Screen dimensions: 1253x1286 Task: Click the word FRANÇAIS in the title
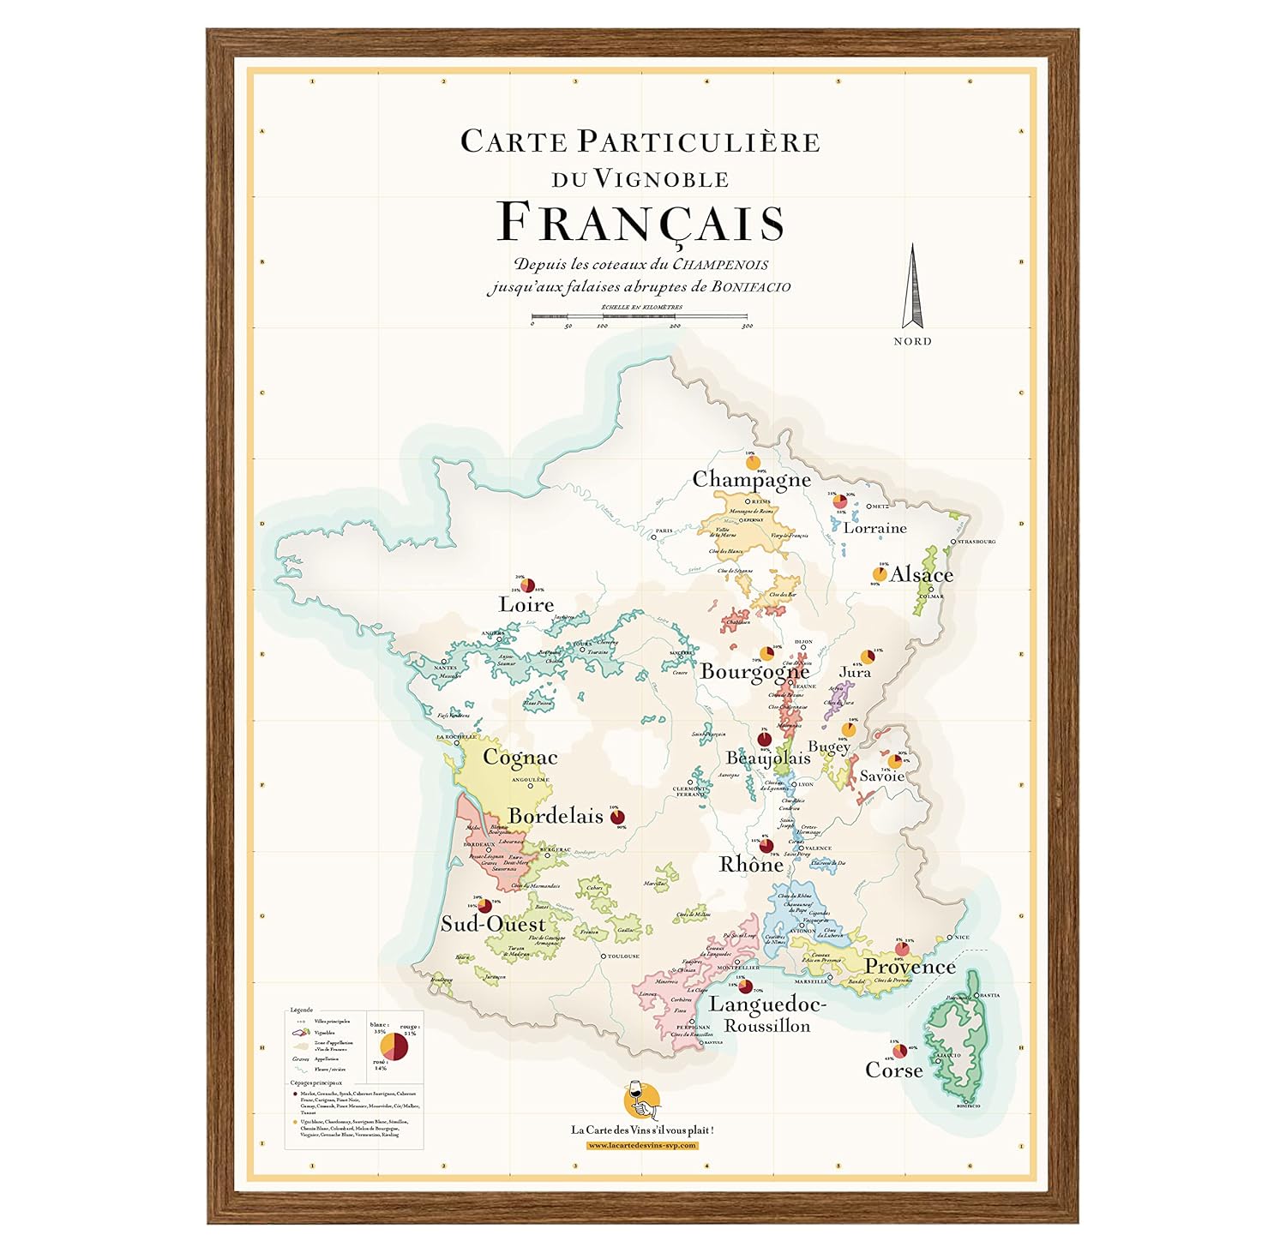coord(640,223)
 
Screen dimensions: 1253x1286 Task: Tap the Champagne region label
coord(751,479)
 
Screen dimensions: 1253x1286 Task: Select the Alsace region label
coord(921,574)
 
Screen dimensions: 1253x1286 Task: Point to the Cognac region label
coord(520,758)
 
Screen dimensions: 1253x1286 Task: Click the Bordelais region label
coord(556,816)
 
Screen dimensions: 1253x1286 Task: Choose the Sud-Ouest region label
coord(493,924)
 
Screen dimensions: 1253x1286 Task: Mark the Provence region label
coord(909,967)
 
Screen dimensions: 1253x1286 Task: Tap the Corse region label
coord(893,1070)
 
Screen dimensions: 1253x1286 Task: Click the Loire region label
coord(526,605)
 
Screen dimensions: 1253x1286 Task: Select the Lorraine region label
coord(874,528)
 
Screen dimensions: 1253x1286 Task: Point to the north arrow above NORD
coord(913,287)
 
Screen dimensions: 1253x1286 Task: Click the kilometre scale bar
coord(640,317)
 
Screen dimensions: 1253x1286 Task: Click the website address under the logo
coord(642,1146)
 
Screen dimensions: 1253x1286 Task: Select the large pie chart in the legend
coord(394,1046)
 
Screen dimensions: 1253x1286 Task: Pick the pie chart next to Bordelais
coord(617,818)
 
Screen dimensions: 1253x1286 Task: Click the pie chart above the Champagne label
coord(753,464)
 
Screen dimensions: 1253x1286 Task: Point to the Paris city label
coord(664,531)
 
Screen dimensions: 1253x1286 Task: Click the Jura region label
coord(854,672)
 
